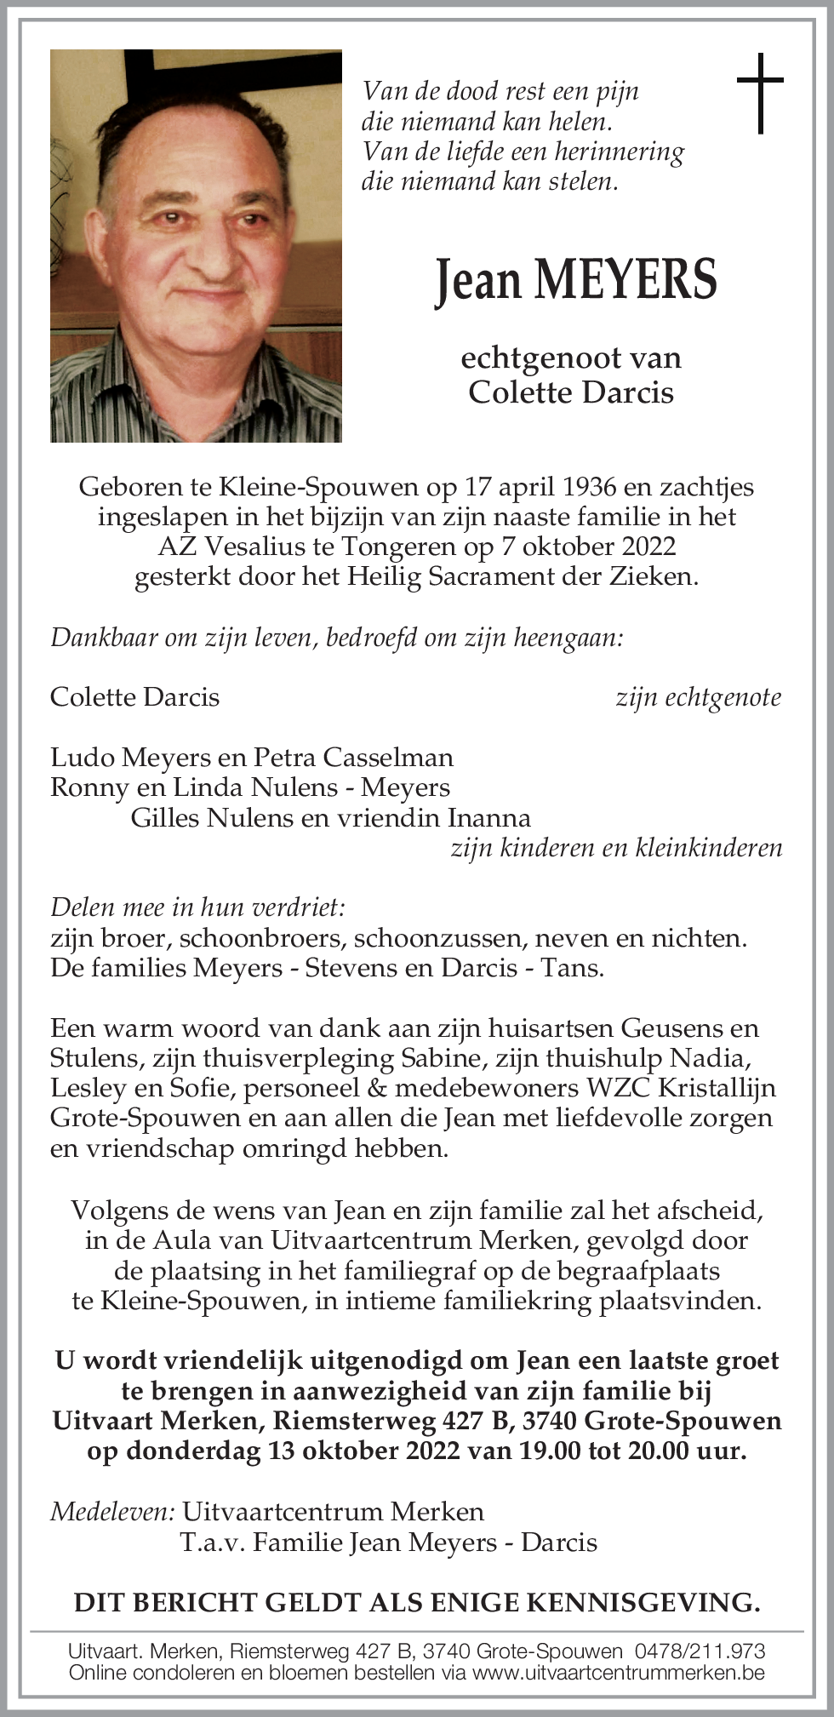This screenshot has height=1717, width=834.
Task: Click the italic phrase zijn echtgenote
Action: pos(698,697)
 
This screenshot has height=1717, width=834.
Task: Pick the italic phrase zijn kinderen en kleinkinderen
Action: pos(616,848)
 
